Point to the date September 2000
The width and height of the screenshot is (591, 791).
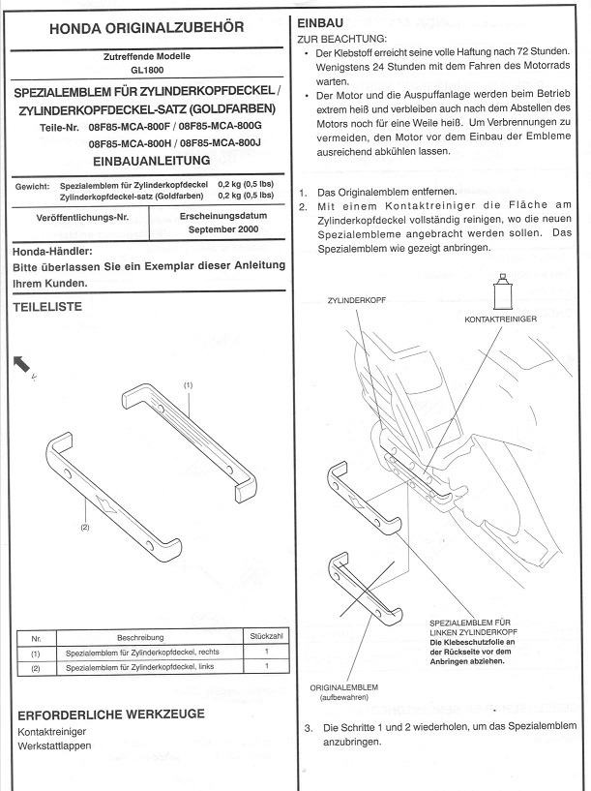(221, 231)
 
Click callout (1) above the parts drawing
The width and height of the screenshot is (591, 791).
(188, 385)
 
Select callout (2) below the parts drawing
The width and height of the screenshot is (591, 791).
(84, 528)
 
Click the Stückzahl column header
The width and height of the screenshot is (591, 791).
(265, 637)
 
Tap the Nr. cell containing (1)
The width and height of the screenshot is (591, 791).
(35, 654)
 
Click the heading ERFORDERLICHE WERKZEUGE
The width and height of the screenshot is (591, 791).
(111, 715)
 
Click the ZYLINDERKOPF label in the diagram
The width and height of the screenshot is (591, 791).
(358, 301)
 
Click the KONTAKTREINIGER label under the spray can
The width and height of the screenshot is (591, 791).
(500, 317)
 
